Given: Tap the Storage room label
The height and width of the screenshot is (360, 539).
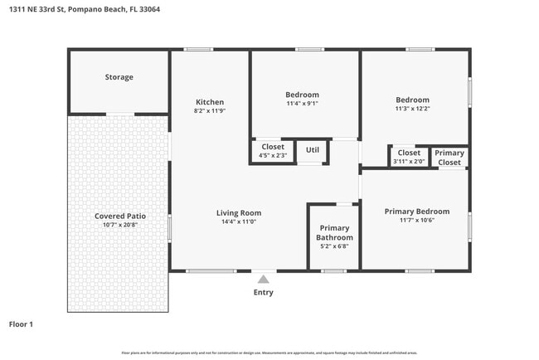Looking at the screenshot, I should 119,77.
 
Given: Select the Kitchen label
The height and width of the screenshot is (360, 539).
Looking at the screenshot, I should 209,102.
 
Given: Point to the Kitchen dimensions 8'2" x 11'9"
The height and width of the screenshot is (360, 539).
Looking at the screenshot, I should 209,110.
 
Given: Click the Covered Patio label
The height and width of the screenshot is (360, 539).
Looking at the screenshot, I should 119,216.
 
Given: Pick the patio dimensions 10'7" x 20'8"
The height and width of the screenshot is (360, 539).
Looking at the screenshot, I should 119,225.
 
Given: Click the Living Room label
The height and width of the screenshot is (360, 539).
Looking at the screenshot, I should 239,213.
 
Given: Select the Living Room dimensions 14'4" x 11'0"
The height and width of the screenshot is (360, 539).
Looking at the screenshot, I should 239,222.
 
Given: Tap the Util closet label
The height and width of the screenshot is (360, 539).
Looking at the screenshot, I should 313,150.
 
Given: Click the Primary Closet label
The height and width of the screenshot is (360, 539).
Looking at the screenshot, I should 449,158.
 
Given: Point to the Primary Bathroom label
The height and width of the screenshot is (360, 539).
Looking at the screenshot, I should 334,232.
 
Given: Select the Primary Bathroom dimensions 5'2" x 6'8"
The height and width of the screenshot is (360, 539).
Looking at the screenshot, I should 334,246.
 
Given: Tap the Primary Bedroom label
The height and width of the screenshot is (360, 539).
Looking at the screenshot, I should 416,212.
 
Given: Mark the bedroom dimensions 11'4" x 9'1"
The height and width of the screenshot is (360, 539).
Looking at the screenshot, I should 302,104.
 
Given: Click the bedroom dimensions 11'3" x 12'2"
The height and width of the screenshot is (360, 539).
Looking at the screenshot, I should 412,109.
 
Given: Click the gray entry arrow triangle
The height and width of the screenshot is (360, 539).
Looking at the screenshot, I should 263,280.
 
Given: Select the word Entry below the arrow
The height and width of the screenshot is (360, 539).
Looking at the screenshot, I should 263,292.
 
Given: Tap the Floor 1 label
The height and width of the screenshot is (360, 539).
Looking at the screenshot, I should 21,324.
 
